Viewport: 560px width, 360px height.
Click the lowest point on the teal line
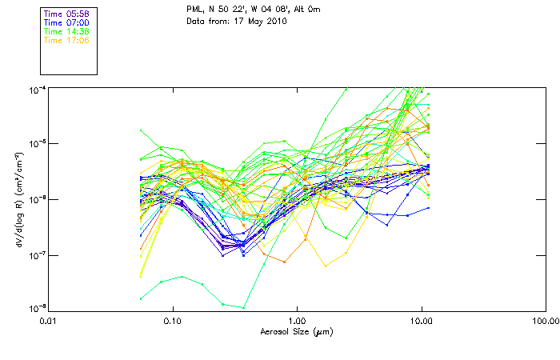point(242,307)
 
